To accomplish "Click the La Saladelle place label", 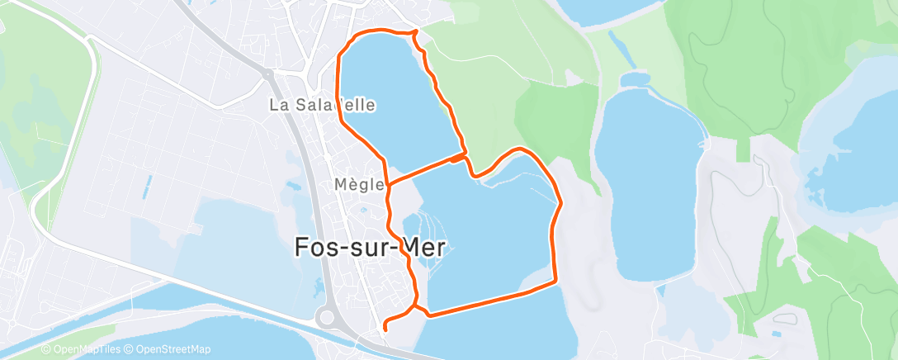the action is [x=323, y=105].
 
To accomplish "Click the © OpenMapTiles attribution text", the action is [x=81, y=349].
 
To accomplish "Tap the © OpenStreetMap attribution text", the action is [x=167, y=349].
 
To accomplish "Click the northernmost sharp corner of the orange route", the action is [x=414, y=31].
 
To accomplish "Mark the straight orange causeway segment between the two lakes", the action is [x=425, y=168].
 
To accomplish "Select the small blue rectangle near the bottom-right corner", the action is [x=777, y=334].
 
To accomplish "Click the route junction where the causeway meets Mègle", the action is [x=388, y=182].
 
